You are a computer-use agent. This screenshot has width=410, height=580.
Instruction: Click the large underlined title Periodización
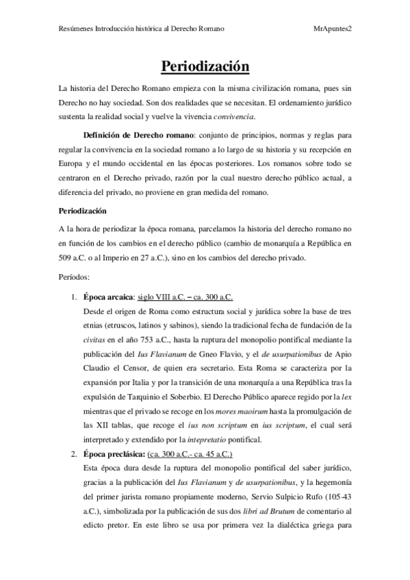205,66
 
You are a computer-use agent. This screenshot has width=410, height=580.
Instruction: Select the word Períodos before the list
78,278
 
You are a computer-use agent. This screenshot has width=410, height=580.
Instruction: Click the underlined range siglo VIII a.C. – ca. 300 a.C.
185,298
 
